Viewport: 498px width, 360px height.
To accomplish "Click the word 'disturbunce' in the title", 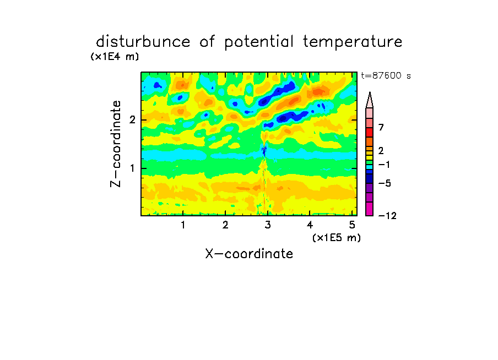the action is click(x=143, y=42).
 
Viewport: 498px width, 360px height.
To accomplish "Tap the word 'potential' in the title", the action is click(x=258, y=42).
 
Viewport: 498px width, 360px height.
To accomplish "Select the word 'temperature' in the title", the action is click(x=353, y=42).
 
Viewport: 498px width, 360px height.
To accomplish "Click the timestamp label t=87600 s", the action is click(x=386, y=76).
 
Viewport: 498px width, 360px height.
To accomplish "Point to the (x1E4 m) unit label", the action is click(x=115, y=57).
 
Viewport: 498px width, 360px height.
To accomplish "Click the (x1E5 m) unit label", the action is click(x=337, y=237).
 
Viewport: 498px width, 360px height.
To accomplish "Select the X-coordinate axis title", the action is click(x=249, y=254).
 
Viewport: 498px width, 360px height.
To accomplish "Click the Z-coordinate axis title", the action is click(x=116, y=144).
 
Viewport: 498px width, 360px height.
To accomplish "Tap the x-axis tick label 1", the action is click(x=183, y=225).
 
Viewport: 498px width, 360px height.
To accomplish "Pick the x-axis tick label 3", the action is click(x=268, y=225).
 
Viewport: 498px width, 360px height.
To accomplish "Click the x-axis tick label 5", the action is click(x=352, y=225).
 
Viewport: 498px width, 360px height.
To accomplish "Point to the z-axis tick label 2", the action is click(x=132, y=120).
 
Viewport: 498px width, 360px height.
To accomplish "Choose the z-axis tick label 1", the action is click(x=132, y=168).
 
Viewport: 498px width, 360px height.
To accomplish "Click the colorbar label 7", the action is click(x=381, y=128).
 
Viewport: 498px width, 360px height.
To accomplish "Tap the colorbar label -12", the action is click(x=387, y=216).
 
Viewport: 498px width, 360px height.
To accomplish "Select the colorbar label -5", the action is click(x=385, y=183).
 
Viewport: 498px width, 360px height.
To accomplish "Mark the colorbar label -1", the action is click(x=384, y=165).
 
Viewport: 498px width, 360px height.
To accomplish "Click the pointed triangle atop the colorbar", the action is click(x=370, y=100).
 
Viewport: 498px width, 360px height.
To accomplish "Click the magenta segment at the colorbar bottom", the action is click(x=370, y=209).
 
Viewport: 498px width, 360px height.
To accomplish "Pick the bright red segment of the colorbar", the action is click(x=370, y=132).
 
